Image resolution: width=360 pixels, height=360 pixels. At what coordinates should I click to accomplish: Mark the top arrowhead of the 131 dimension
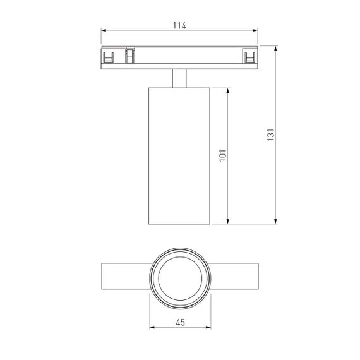pos(277,48)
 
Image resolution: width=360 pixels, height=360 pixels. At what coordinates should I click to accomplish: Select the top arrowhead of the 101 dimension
pos(228,89)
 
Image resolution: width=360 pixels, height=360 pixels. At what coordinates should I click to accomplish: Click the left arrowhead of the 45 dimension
pos(152,328)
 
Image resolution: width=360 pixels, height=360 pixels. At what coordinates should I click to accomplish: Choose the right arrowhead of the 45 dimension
pos(208,328)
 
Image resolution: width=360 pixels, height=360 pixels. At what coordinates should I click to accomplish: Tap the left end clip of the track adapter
pos(109,58)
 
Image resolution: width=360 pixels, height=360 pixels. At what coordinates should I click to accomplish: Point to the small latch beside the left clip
pos(130,56)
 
